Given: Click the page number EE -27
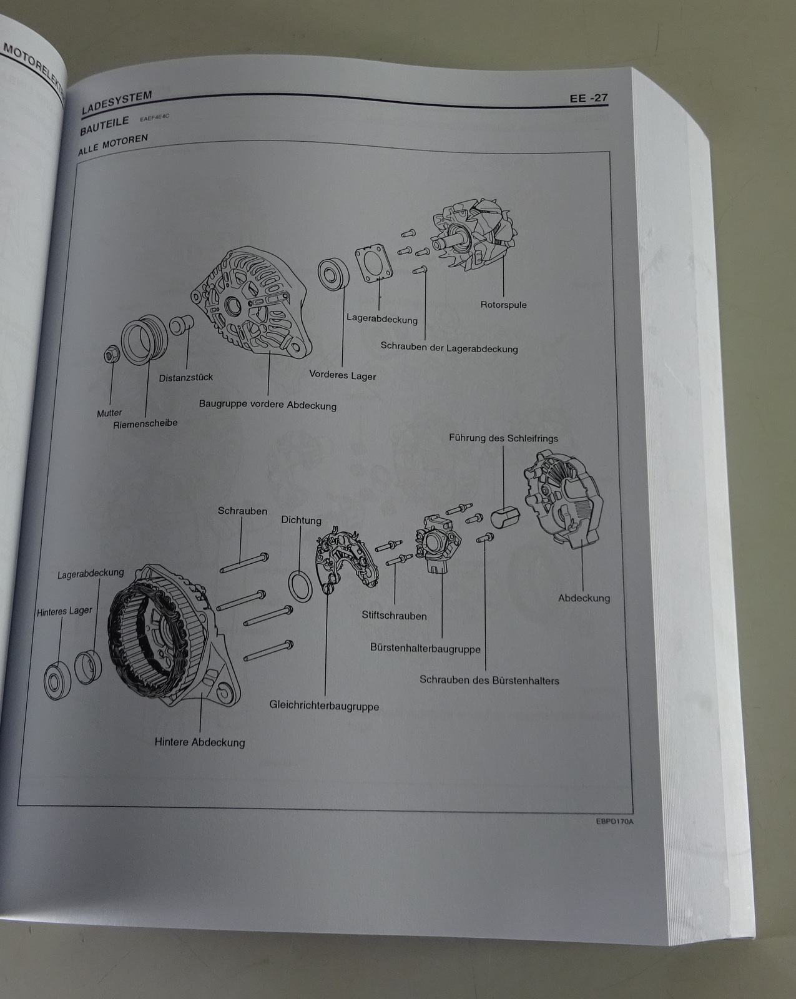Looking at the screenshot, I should (x=588, y=98).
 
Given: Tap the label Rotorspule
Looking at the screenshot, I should (x=503, y=305).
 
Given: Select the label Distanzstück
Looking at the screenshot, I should (x=186, y=377).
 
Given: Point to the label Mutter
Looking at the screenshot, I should (x=109, y=413).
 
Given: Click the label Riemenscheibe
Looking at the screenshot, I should (x=145, y=424).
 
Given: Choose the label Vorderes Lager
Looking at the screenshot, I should (x=343, y=375).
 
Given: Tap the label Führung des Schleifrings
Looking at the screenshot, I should (x=503, y=438).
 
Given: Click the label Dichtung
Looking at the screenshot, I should (x=301, y=519).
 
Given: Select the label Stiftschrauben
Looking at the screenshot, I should (x=394, y=616).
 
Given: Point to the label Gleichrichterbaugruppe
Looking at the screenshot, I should (x=324, y=706).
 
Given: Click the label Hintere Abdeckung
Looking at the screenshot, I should (x=200, y=742).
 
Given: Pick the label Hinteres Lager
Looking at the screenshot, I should (x=64, y=611).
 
